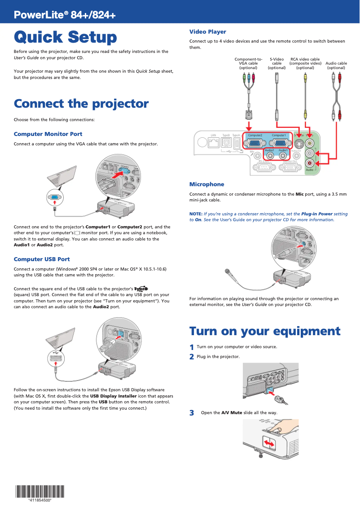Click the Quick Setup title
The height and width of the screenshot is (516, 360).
tap(65, 37)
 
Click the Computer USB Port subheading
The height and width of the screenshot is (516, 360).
tap(42, 259)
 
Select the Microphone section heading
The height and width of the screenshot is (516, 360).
tap(206, 184)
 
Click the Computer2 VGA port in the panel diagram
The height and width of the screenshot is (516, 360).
tap(255, 144)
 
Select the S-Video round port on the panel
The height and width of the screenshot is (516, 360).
tap(298, 144)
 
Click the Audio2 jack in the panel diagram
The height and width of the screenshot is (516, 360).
tap(270, 155)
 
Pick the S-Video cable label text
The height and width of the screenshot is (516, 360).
tap(277, 63)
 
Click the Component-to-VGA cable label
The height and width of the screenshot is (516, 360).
tap(248, 63)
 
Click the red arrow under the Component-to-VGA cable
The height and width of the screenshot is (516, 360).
tap(248, 123)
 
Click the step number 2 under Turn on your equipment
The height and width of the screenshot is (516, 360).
tap(192, 357)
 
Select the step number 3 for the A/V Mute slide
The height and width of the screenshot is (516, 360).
tap(192, 413)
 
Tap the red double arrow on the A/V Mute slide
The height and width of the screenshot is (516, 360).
tap(269, 443)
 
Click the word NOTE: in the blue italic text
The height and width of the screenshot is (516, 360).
tap(196, 214)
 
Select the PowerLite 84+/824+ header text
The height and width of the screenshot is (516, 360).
tap(65, 15)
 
